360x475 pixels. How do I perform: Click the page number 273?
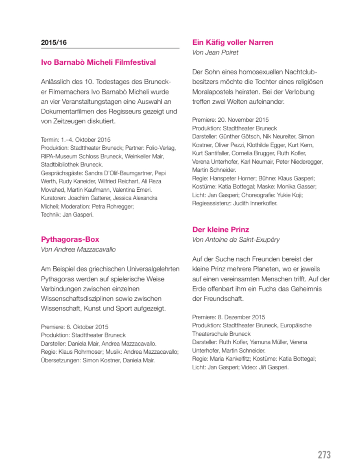click(324, 454)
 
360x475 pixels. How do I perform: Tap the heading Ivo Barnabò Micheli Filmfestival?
click(98, 63)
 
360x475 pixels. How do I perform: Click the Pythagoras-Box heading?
click(70, 239)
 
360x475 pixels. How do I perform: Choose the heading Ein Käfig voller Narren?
click(232, 42)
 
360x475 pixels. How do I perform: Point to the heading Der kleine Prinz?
click(220, 230)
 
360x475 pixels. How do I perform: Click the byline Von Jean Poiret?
click(215, 53)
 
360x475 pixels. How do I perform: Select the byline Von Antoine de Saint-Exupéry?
click(236, 240)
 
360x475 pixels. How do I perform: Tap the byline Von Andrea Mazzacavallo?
click(78, 250)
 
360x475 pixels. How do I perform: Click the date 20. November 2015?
click(242, 120)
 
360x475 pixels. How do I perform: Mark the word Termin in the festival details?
click(49, 139)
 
